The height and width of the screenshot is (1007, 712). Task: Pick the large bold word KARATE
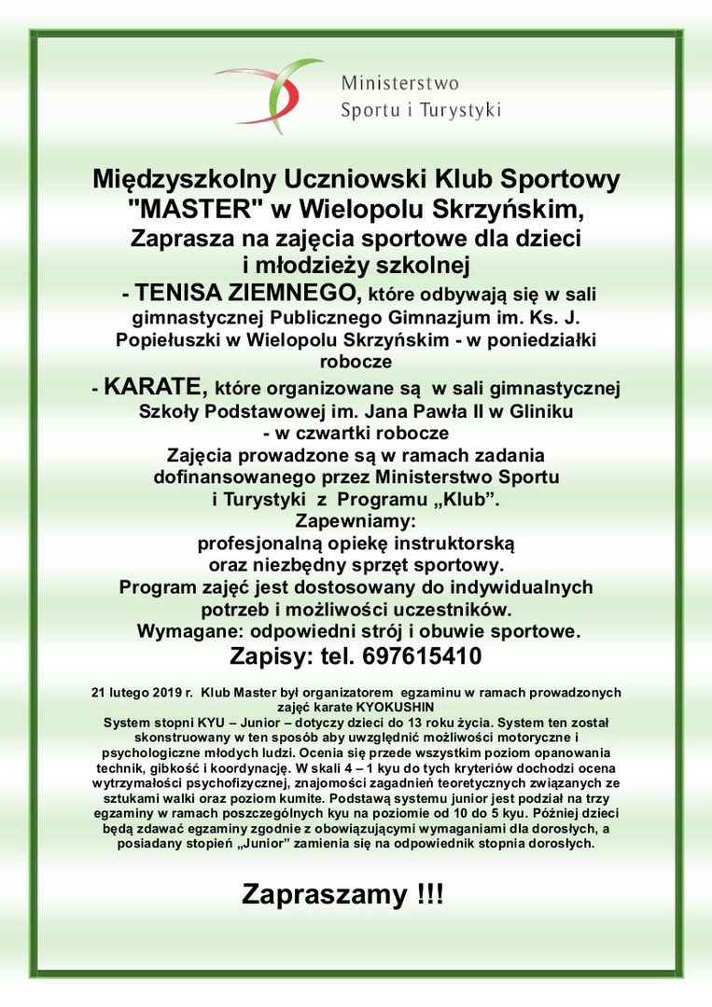pos(156,386)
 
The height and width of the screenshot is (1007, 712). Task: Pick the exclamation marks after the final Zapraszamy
pos(430,897)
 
